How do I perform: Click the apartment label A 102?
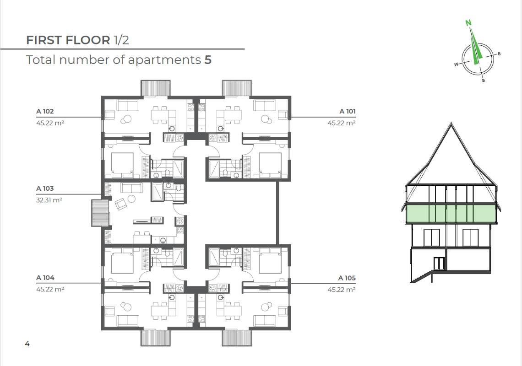click(x=45, y=111)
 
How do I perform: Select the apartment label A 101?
click(x=348, y=111)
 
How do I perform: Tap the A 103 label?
click(x=45, y=188)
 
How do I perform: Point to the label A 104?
click(x=45, y=278)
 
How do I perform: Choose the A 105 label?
click(x=347, y=278)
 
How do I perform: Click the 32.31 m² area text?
click(x=49, y=200)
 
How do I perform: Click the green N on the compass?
click(x=468, y=23)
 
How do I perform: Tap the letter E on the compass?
click(x=499, y=54)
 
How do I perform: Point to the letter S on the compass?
click(x=484, y=80)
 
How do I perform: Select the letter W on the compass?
click(x=457, y=64)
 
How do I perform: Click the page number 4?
click(x=27, y=344)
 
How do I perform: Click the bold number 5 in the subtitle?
click(x=208, y=60)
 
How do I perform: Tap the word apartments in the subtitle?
click(x=164, y=60)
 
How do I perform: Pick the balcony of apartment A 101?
click(x=237, y=88)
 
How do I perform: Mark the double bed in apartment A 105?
click(x=270, y=260)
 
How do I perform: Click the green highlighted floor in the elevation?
click(x=451, y=213)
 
